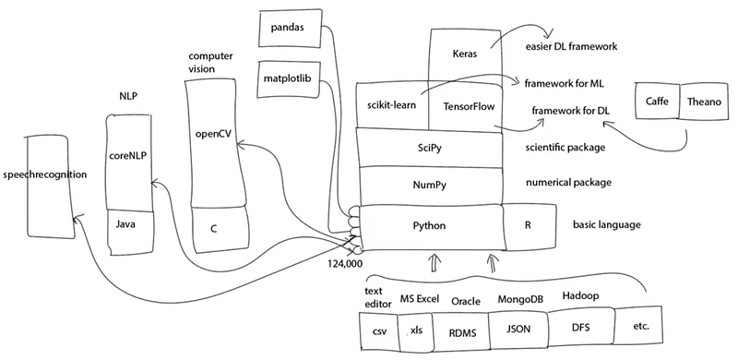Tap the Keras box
click(464, 54)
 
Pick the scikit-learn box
click(392, 106)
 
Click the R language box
click(529, 225)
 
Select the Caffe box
click(657, 102)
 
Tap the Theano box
click(704, 102)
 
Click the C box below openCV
click(220, 229)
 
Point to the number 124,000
click(345, 262)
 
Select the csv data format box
click(379, 331)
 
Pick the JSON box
click(518, 330)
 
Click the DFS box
click(581, 327)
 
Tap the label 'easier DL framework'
click(571, 47)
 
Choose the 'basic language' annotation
click(606, 224)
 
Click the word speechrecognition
click(44, 174)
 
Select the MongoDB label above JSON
click(520, 299)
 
